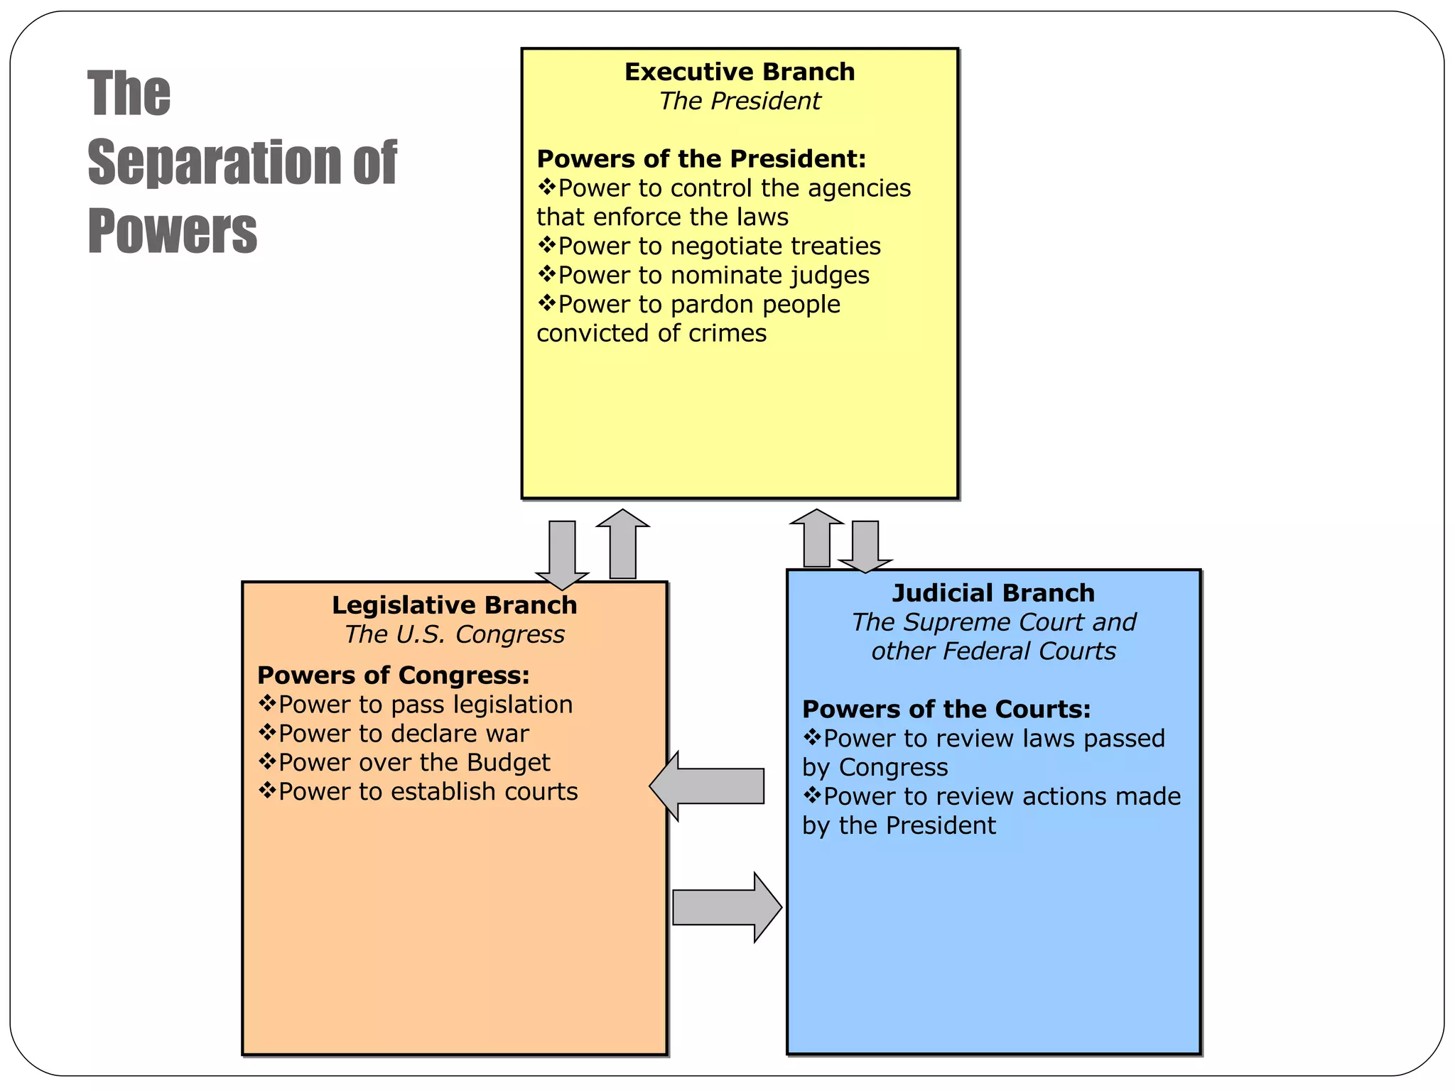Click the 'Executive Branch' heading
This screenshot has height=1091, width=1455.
739,72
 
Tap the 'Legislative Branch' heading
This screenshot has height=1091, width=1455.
454,605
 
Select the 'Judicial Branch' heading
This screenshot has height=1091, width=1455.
993,593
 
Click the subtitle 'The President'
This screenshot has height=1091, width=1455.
739,101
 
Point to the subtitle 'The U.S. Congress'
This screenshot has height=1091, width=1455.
454,634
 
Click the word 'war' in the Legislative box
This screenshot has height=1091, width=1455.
507,734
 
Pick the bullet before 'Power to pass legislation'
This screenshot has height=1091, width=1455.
266,704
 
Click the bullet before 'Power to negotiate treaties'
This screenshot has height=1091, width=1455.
546,246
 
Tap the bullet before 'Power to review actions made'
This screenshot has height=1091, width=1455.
812,796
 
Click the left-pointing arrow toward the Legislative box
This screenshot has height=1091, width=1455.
707,786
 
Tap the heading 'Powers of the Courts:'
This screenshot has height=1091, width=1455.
946,710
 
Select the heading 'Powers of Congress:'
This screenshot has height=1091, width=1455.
394,675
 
